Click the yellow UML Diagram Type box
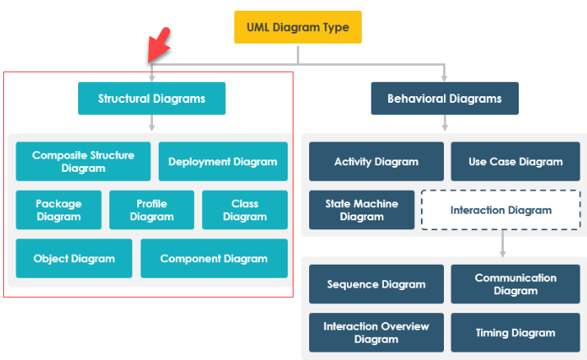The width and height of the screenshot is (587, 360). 298,27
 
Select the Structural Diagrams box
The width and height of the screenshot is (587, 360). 151,99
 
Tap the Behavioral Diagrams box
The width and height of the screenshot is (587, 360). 444,99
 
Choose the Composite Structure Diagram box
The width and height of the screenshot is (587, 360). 83,161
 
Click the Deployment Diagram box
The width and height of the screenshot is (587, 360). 223,161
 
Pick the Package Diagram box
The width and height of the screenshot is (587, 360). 58,210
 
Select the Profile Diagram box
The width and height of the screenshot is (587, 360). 152,210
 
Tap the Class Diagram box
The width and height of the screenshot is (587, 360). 245,210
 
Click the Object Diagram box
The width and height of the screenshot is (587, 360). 74,258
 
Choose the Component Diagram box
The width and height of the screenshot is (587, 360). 214,258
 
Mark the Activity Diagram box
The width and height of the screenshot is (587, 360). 377,161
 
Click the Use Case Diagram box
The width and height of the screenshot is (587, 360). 515,161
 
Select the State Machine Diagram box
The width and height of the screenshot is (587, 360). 362,210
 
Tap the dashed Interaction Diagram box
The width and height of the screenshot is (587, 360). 501,210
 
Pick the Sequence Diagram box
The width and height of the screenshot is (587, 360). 377,284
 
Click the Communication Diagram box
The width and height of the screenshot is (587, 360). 515,284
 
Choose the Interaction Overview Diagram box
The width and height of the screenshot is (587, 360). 377,332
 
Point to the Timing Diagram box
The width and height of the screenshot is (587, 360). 515,332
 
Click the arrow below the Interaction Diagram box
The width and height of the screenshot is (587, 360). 501,244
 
